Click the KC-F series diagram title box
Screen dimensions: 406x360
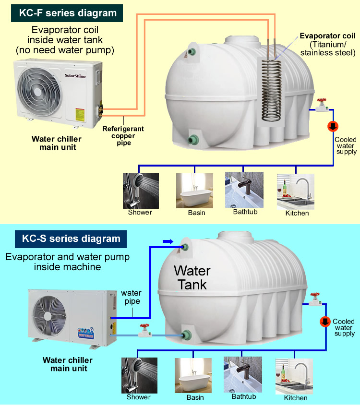coord(68,12)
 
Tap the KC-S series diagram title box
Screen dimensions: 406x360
coord(67,239)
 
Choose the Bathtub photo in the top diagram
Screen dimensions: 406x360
coord(244,190)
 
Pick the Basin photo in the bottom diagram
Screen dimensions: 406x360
coord(193,376)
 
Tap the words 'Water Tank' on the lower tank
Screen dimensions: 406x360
coord(192,277)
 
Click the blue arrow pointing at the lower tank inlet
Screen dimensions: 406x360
coord(167,241)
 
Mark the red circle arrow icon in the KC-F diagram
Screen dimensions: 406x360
coord(332,127)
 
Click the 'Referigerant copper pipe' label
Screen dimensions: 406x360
coord(123,136)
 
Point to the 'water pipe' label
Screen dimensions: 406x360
coord(131,297)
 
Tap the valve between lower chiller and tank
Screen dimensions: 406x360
coord(144,330)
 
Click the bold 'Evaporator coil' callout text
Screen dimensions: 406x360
coord(327,36)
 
